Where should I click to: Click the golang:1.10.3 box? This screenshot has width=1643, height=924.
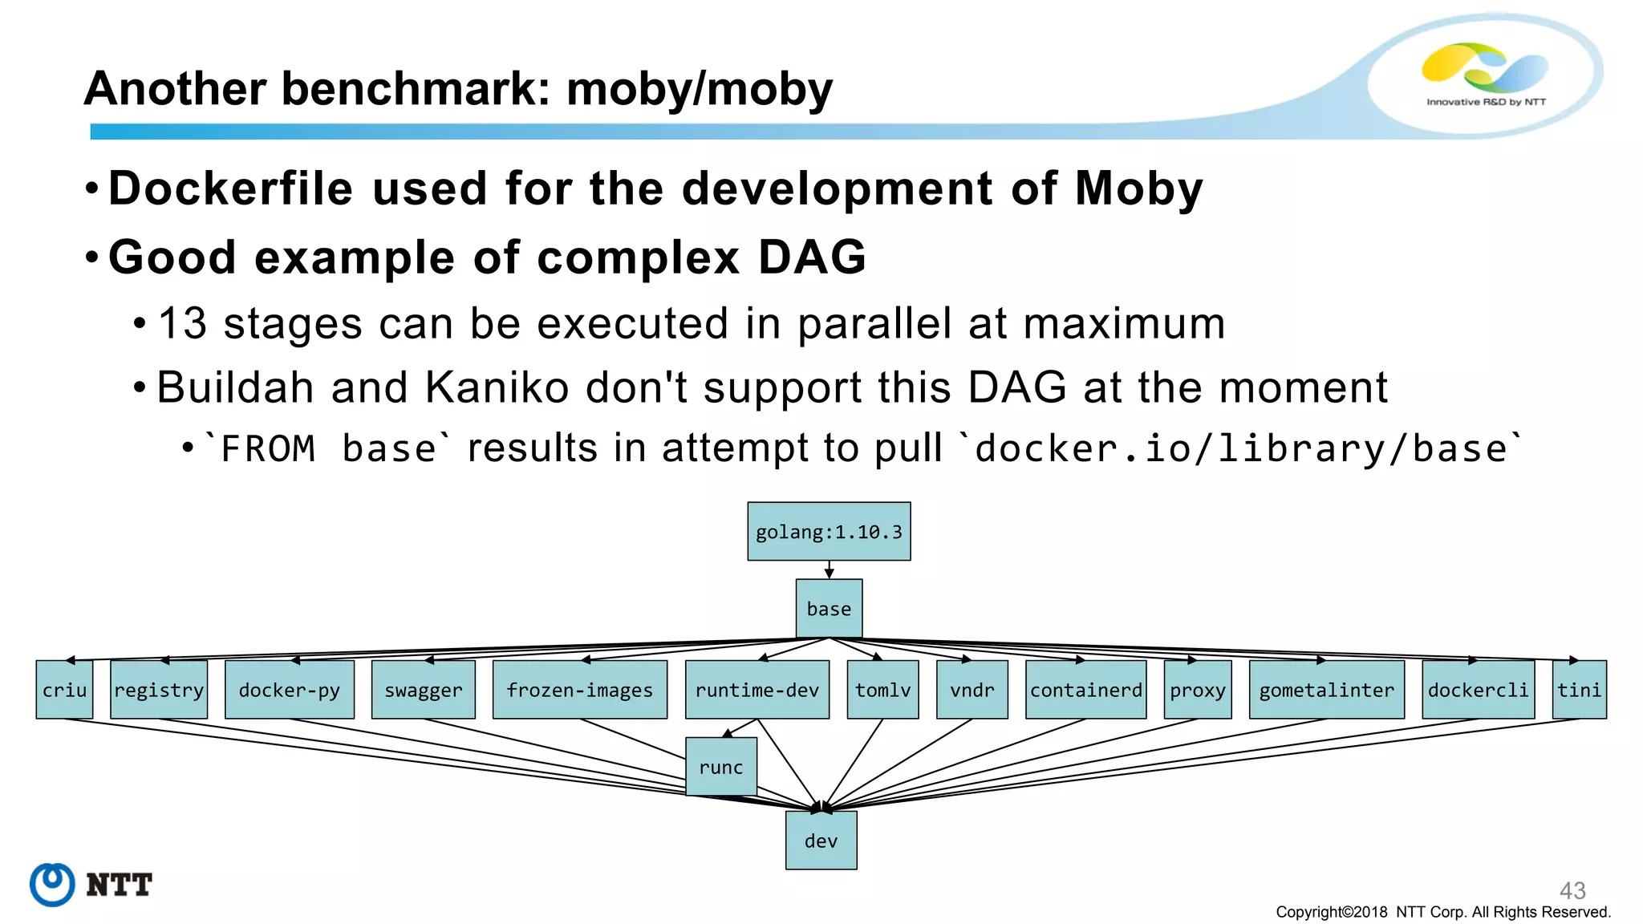[x=829, y=531]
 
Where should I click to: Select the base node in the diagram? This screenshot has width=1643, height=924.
[x=829, y=609]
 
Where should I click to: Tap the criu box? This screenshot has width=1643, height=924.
[x=64, y=690]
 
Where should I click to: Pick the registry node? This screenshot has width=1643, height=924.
[x=159, y=690]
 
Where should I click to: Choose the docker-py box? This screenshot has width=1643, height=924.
[x=290, y=690]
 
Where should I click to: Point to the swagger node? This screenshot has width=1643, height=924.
[x=424, y=690]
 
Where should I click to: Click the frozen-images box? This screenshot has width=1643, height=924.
[x=579, y=690]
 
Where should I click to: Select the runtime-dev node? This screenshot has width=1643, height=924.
[x=757, y=690]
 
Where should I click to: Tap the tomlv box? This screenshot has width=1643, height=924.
[x=882, y=690]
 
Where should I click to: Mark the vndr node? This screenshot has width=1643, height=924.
[x=972, y=690]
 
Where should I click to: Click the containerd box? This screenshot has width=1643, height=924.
[x=1085, y=690]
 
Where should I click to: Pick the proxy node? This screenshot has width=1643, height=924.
[x=1197, y=690]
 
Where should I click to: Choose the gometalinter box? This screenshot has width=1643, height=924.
[x=1326, y=690]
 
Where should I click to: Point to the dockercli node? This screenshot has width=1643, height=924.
[x=1478, y=690]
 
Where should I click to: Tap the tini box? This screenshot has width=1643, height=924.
[x=1579, y=690]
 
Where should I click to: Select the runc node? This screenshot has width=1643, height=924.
[x=721, y=767]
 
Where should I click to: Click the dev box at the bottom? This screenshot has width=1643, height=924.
[x=821, y=841]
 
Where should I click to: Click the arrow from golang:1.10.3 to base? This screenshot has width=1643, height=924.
[x=829, y=569]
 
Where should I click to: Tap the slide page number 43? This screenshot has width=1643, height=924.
[x=1572, y=890]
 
